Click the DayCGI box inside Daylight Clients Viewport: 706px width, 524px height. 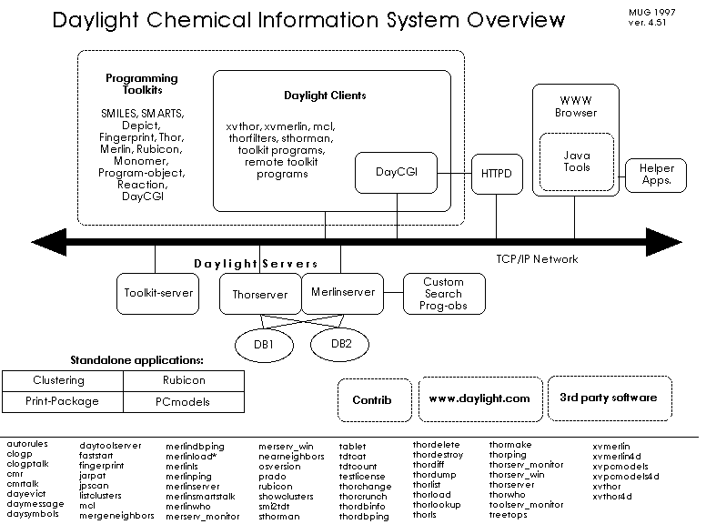pyautogui.click(x=396, y=172)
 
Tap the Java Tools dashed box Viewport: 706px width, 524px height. pyautogui.click(x=577, y=161)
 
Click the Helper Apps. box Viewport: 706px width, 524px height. pyautogui.click(x=655, y=175)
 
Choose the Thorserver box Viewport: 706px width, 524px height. pyautogui.click(x=259, y=294)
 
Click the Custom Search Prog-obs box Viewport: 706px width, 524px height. pyautogui.click(x=443, y=293)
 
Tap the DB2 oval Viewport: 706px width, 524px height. pyautogui.click(x=341, y=343)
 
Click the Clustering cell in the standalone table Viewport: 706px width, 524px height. pyautogui.click(x=58, y=380)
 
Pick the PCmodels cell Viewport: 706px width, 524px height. pyautogui.click(x=183, y=400)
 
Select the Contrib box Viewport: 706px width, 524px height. pyautogui.click(x=371, y=398)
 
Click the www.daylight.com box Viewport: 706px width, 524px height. pyautogui.click(x=479, y=398)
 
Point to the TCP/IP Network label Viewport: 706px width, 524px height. pyautogui.click(x=537, y=259)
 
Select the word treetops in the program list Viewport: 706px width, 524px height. pyautogui.click(x=508, y=515)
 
